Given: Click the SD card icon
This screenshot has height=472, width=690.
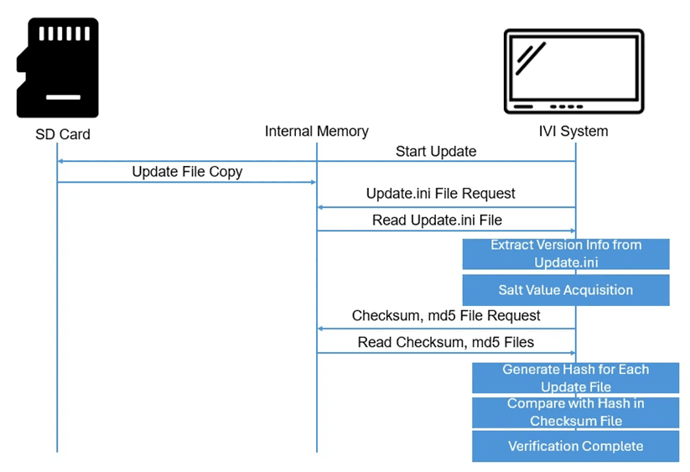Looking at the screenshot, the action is click(58, 68).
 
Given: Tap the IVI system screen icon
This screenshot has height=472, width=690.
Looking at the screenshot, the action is click(573, 71).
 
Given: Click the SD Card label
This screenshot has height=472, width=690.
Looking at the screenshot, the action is click(63, 134).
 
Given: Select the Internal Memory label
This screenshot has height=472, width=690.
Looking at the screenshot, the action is click(316, 131).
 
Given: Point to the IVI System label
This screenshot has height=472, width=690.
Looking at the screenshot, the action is click(573, 131).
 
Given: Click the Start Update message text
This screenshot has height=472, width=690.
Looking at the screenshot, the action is click(436, 151).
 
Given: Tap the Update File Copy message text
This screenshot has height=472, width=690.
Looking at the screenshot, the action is click(187, 172).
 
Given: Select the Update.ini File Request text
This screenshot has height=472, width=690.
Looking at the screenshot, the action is click(440, 194).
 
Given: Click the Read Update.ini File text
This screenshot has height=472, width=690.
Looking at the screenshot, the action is click(437, 220).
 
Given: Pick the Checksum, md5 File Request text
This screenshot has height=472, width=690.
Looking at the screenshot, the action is click(446, 315).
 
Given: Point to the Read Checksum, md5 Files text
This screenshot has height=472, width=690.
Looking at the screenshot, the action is click(446, 342).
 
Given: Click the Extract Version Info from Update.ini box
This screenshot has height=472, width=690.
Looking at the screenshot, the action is click(566, 254).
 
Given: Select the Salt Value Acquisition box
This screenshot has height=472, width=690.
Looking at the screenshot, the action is click(566, 290).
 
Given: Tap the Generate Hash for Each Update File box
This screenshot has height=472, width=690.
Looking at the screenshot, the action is click(576, 378).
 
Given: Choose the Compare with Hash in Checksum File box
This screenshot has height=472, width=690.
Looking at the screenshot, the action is click(576, 412).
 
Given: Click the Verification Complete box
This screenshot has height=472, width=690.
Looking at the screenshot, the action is click(576, 446).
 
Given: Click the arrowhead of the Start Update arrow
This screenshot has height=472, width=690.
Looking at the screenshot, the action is click(60, 162).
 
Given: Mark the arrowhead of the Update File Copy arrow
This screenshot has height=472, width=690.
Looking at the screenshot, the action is click(314, 182).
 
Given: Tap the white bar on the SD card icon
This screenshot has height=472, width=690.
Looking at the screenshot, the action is click(64, 97).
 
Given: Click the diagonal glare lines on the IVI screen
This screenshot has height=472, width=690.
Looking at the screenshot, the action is click(531, 58).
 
